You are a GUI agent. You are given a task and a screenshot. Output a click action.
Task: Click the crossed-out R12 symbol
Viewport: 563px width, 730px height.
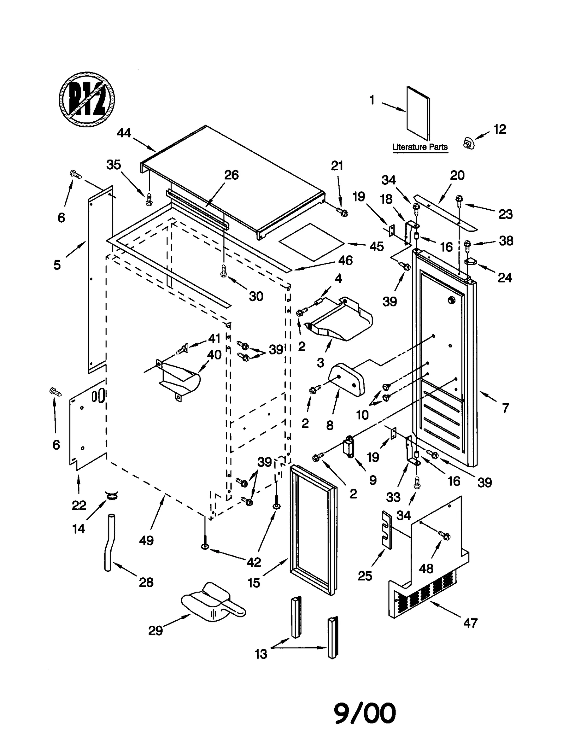pos(87,99)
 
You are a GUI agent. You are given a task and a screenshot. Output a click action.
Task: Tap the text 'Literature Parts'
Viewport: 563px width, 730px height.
pos(419,147)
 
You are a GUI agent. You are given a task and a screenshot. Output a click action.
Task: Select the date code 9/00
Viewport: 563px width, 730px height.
pos(365,713)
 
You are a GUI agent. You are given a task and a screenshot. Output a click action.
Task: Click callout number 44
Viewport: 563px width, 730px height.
pos(124,133)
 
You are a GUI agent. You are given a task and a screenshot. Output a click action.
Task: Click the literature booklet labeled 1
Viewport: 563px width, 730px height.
pos(418,113)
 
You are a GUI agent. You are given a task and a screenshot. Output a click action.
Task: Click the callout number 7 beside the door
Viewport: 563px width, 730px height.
pos(505,408)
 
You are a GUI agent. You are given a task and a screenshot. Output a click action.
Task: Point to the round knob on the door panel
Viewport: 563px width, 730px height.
pos(451,300)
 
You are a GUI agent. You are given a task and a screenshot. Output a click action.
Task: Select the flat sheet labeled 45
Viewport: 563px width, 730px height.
pos(311,242)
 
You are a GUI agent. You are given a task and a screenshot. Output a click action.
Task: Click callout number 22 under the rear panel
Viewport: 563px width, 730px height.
pos(78,505)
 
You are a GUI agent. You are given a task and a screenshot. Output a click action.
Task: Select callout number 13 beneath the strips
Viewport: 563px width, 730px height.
pos(261,654)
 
